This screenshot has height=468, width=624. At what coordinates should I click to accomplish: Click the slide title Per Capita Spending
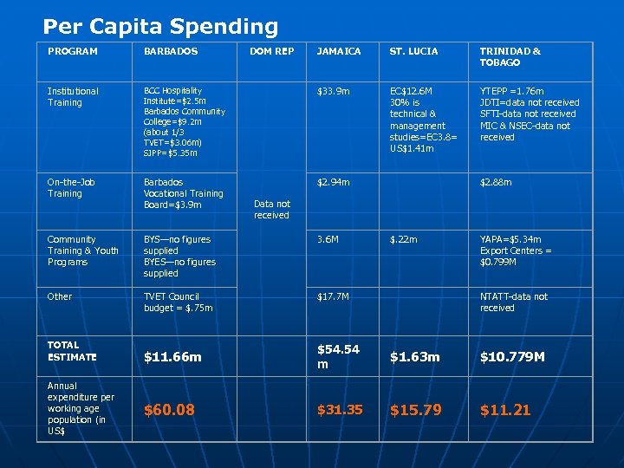coord(160,27)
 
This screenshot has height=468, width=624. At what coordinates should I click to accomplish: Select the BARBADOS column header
coord(171,51)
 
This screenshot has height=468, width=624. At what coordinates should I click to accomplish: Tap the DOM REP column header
coord(271,51)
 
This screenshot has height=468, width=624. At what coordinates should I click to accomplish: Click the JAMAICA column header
coord(339,51)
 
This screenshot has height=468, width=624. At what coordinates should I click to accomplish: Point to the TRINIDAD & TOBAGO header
coord(510,56)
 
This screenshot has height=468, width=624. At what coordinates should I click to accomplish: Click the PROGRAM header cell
coord(73,51)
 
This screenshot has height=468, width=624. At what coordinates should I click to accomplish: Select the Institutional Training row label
coord(73,96)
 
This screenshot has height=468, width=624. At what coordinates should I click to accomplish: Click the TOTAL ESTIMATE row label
coord(72,350)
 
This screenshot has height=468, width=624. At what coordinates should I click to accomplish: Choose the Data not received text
coord(271,209)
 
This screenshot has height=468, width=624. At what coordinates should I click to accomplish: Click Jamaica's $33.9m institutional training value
coord(334,91)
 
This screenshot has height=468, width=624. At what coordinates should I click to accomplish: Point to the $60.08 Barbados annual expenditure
coord(169,409)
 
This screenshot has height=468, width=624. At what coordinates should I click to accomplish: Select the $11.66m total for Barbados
coord(172,356)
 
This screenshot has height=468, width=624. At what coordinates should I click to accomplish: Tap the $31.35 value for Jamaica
coord(340,409)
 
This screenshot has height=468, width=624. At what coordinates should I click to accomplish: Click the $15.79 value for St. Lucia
coord(416,409)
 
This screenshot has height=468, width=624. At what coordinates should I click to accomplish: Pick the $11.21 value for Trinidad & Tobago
coord(504,409)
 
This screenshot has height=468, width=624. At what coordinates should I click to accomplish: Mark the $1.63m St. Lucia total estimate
coord(414,356)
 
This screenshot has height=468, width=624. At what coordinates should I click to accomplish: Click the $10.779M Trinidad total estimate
coord(512,356)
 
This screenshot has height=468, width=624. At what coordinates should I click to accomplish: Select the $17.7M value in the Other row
coord(333,296)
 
